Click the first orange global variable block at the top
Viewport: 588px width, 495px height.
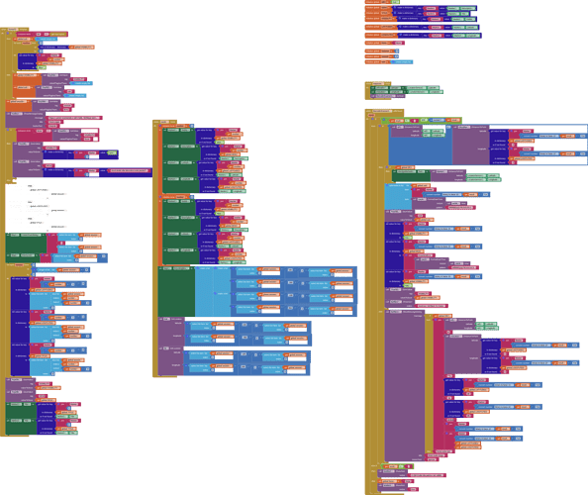pyautogui.click(x=372, y=3)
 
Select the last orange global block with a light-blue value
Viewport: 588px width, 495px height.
pyautogui.click(x=374, y=60)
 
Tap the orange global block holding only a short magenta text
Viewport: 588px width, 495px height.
pyautogui.click(x=372, y=43)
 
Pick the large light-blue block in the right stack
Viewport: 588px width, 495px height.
pyautogui.click(x=397, y=198)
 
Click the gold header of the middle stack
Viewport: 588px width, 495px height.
pyautogui.click(x=164, y=123)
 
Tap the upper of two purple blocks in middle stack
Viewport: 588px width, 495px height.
pyautogui.click(x=170, y=332)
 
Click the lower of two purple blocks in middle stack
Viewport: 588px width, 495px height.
pyautogui.click(x=170, y=361)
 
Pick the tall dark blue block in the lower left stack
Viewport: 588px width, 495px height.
pyautogui.click(x=19, y=327)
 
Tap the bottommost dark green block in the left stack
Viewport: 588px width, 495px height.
pyautogui.click(x=21, y=411)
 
